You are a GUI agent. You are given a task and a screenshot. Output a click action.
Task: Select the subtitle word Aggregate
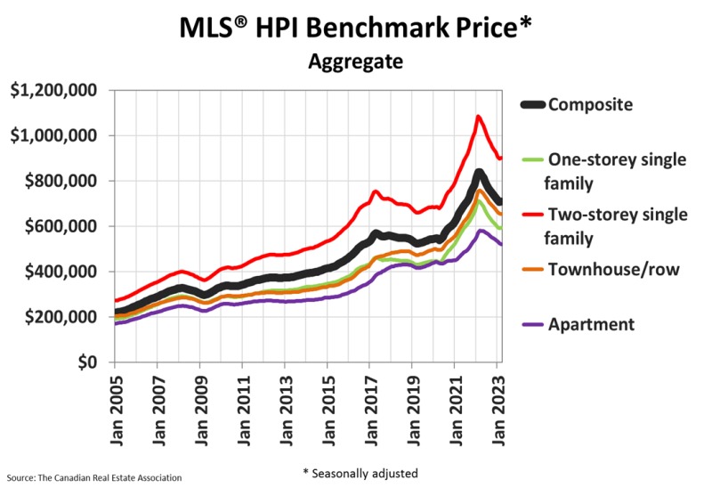355,62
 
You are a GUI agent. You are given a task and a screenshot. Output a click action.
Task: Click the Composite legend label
590,105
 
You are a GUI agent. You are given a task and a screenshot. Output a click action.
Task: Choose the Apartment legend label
591,324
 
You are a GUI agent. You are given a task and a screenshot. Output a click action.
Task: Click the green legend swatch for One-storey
531,159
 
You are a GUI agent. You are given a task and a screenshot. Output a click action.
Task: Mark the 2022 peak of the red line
479,116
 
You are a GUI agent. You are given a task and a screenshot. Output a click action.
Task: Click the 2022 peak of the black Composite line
479,174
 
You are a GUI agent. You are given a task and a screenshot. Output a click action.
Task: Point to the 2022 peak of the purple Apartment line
481,232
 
